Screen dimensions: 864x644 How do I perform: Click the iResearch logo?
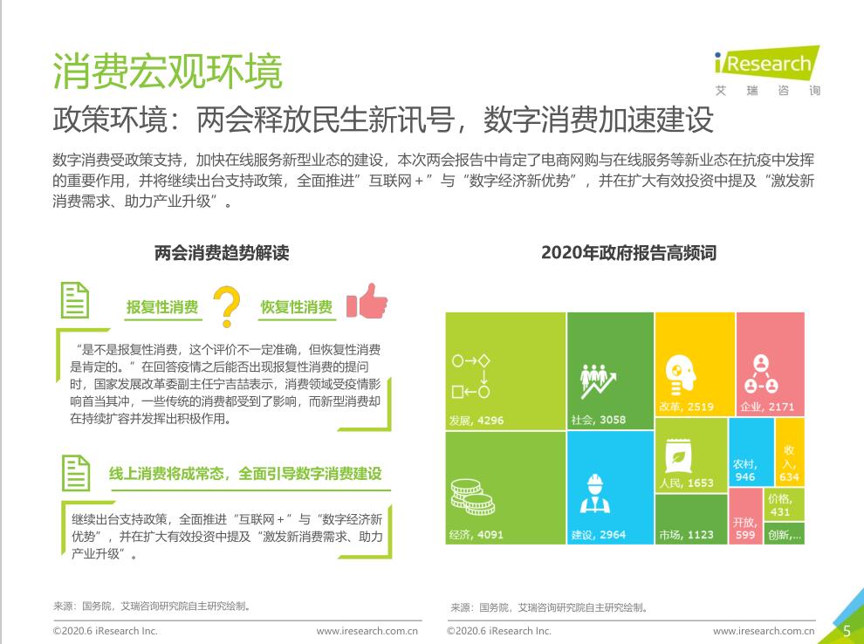tap(767, 71)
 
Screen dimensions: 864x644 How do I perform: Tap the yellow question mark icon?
tap(226, 306)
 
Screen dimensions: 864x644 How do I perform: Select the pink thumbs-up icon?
tap(367, 301)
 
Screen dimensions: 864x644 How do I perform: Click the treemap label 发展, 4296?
tap(477, 421)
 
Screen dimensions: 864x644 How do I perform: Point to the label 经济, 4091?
tap(477, 534)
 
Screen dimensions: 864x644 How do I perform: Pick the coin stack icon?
tap(472, 497)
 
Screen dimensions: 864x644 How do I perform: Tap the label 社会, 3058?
tap(599, 420)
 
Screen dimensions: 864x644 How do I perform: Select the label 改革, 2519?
tap(686, 407)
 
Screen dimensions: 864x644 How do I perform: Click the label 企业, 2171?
tap(767, 407)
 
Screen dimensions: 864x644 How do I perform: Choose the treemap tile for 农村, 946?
tap(751, 452)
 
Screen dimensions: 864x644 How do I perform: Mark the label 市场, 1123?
tap(686, 534)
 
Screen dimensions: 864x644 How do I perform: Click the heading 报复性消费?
tap(162, 307)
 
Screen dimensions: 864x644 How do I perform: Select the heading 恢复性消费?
tap(297, 307)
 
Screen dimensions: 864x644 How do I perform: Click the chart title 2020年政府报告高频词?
tap(628, 253)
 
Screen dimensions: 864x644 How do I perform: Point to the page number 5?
tap(847, 631)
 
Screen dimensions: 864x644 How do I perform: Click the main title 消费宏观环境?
tap(168, 71)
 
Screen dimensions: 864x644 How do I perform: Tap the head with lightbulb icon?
tap(680, 374)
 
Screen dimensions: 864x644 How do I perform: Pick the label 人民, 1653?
tap(686, 483)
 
